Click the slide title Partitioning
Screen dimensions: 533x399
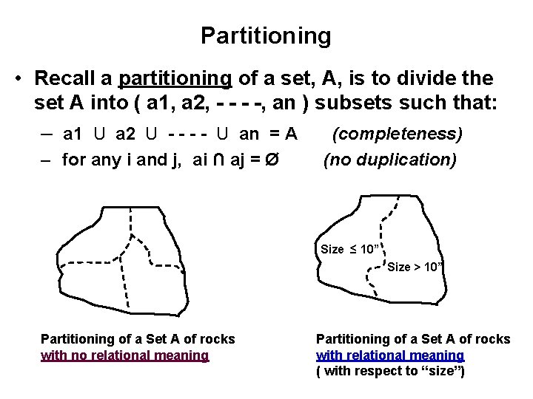[266, 35]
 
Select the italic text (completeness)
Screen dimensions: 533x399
[397, 134]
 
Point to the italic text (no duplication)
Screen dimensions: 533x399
[389, 159]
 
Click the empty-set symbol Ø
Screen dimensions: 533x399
[271, 159]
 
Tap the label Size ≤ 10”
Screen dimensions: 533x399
[350, 249]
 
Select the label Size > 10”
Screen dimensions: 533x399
[415, 267]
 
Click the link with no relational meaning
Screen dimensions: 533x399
[124, 355]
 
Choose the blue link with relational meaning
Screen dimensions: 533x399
[390, 355]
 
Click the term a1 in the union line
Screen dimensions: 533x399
[73, 134]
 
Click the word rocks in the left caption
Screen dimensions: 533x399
[217, 339]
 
